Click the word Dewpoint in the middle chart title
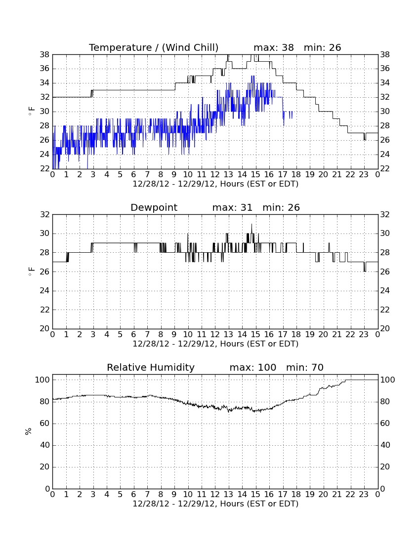coord(154,207)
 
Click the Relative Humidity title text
coord(151,367)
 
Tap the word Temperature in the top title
coord(120,47)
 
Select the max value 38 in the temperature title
coord(288,47)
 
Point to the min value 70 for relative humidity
coord(317,367)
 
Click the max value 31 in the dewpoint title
coord(247,207)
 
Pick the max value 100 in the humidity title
coord(267,367)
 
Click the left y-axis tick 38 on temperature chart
coord(45,54)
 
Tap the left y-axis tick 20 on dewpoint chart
coord(45,328)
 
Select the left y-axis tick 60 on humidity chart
coord(45,423)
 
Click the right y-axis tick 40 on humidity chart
coord(385,445)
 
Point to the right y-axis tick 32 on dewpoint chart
coord(385,214)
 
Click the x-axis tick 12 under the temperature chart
coord(215,175)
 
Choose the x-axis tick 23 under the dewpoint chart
coord(364,335)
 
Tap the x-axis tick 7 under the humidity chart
coord(147,495)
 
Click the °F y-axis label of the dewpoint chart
coord(31,271)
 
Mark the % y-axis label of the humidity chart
coord(29,431)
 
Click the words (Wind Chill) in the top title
coord(190,47)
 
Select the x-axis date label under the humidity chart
coord(215,504)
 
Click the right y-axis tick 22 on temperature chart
coord(385,168)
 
